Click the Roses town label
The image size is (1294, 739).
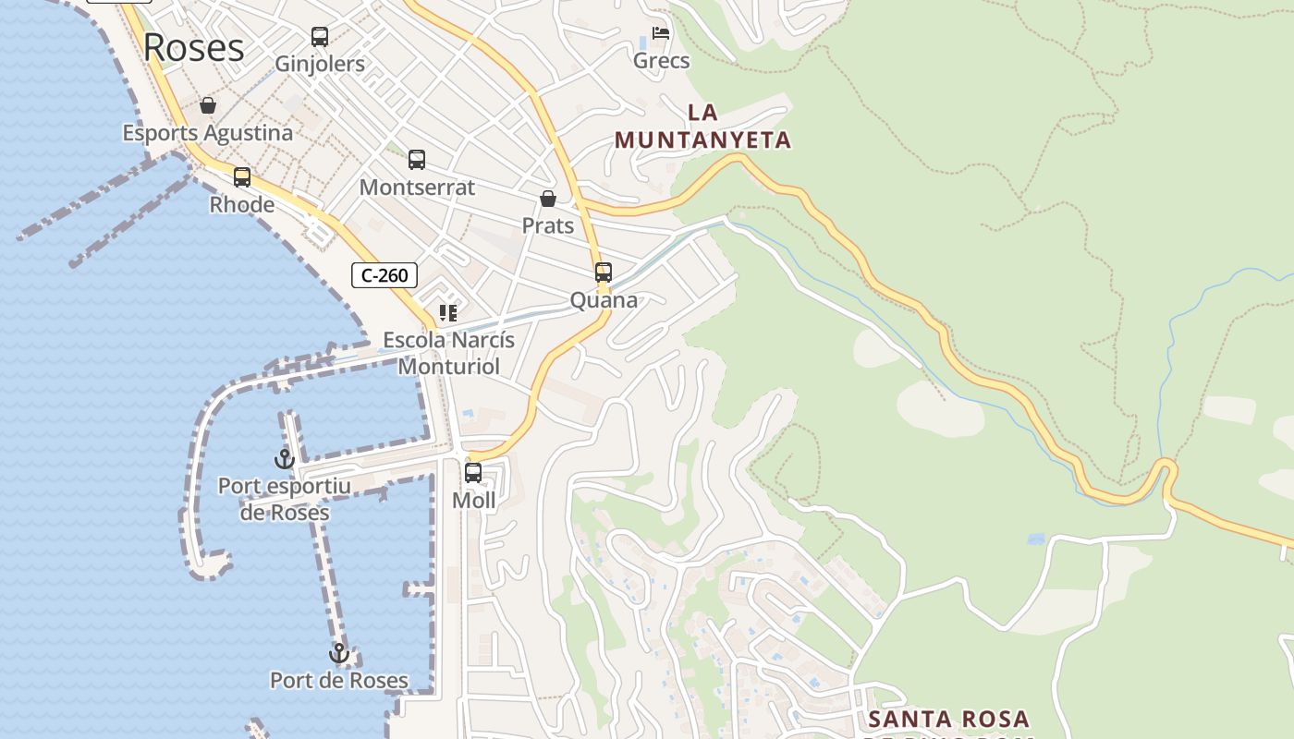click(x=194, y=47)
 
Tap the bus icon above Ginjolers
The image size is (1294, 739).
click(x=320, y=37)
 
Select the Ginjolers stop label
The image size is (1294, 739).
click(x=320, y=64)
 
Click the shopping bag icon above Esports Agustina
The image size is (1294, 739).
click(x=208, y=105)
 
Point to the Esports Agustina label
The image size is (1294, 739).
click(x=208, y=133)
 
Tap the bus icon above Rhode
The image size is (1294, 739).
click(x=242, y=177)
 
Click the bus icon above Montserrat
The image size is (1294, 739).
click(x=417, y=160)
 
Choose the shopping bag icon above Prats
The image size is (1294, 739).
click(x=548, y=199)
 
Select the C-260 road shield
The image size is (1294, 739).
click(x=385, y=275)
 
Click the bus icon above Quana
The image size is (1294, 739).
click(x=604, y=273)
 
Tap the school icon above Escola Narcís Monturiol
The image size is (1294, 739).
click(x=448, y=313)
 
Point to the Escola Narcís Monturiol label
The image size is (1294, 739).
click(x=448, y=353)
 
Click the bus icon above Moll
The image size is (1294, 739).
click(x=473, y=473)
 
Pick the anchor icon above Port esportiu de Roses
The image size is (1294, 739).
click(x=284, y=458)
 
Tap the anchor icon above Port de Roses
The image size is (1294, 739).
click(x=339, y=653)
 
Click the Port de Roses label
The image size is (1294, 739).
click(x=339, y=681)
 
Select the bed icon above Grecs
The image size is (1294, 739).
click(x=661, y=33)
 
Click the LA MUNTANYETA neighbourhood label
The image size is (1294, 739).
click(x=703, y=127)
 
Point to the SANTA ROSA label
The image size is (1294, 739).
click(x=949, y=719)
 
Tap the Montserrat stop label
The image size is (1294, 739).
click(x=417, y=188)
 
